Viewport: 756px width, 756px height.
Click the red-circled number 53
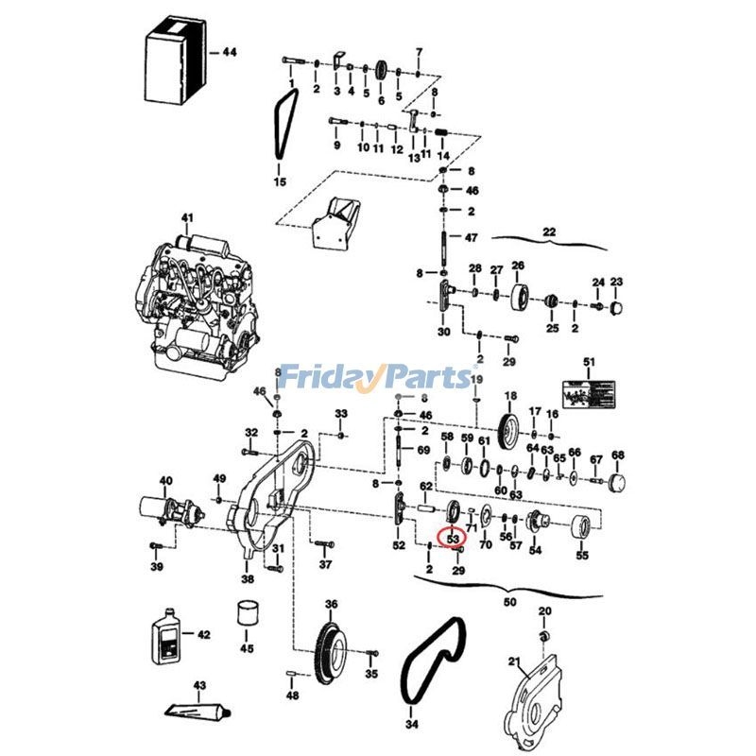point(453,540)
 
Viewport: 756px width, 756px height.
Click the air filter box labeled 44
point(175,63)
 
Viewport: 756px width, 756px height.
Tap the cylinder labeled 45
point(247,613)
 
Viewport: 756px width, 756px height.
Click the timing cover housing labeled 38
point(265,510)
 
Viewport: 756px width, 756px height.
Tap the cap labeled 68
point(618,485)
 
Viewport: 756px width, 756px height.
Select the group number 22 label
point(549,232)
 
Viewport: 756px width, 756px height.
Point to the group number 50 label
point(510,601)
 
